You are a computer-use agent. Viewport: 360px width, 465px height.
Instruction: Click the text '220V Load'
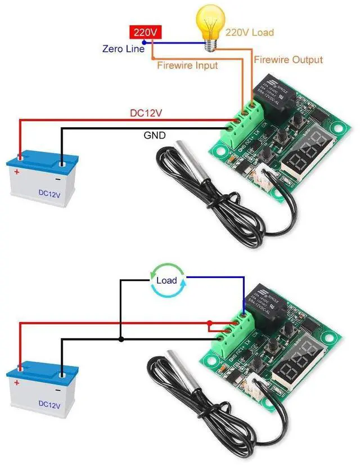click(250, 32)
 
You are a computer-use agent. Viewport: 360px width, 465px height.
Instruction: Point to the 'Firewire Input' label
click(187, 65)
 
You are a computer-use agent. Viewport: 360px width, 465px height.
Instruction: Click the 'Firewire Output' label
click(289, 59)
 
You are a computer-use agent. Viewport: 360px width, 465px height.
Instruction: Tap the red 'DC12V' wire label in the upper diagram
click(146, 113)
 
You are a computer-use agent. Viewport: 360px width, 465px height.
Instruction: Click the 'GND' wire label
click(154, 136)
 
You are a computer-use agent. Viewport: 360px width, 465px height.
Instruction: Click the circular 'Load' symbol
click(166, 280)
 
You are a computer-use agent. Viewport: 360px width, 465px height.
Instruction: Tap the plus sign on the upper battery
click(17, 172)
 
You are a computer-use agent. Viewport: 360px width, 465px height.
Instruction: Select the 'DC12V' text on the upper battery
click(49, 193)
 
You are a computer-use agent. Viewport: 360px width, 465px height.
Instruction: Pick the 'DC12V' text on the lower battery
click(49, 403)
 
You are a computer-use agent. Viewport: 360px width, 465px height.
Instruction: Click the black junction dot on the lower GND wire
click(120, 339)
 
